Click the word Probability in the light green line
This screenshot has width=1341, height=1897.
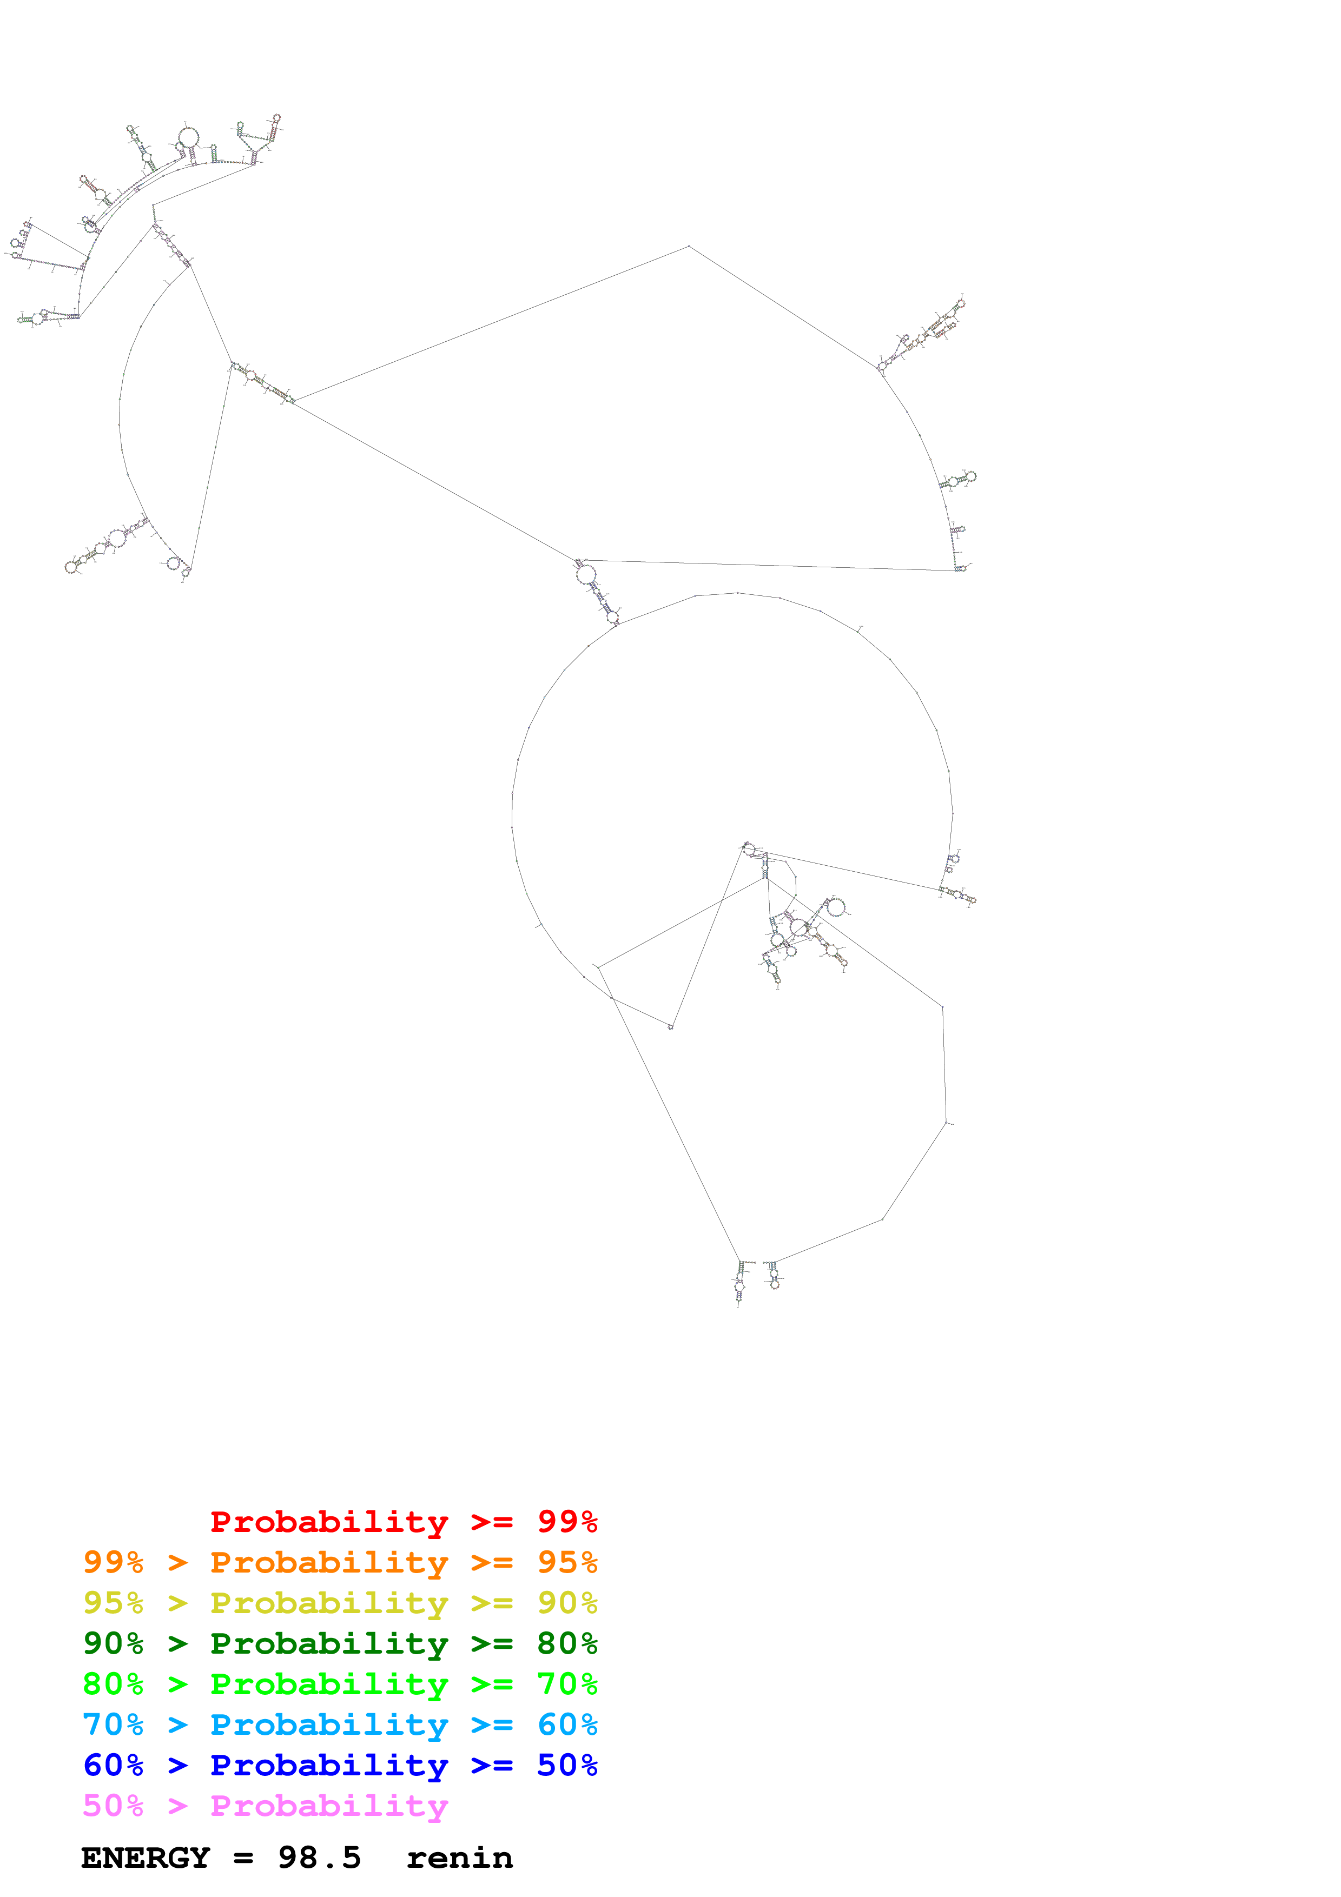click(x=329, y=1684)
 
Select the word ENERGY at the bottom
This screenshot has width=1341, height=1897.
click(x=146, y=1858)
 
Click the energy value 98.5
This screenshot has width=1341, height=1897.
click(x=319, y=1858)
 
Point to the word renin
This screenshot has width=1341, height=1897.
click(x=459, y=1858)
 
